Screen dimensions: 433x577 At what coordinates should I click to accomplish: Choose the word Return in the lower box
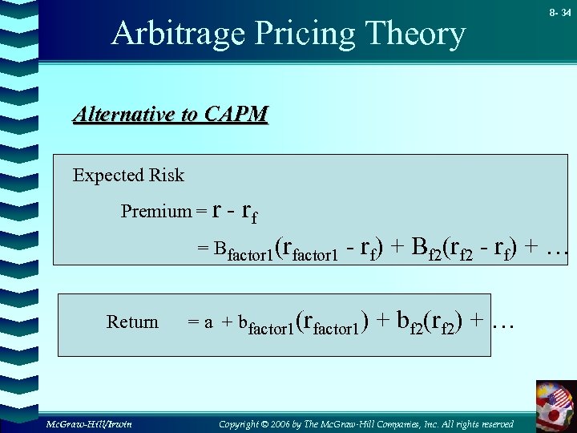pos(132,322)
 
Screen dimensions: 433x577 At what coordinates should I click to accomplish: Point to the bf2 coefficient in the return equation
pos(410,321)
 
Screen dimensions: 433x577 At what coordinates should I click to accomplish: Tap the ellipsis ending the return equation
pos(502,321)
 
